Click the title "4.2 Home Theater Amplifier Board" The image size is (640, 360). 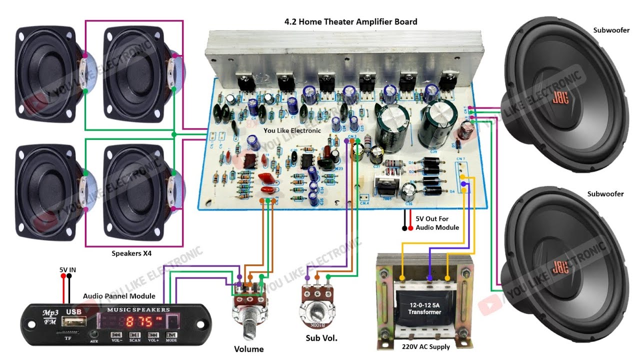pos(350,21)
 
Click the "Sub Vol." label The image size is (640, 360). pos(321,338)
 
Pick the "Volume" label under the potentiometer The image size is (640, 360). pos(248,349)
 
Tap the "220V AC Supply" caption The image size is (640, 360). pos(426,346)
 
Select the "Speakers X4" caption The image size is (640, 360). pos(131,253)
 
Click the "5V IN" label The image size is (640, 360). pos(67,270)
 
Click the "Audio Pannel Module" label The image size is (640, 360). pos(119,296)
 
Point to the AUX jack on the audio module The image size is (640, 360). pos(93,335)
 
